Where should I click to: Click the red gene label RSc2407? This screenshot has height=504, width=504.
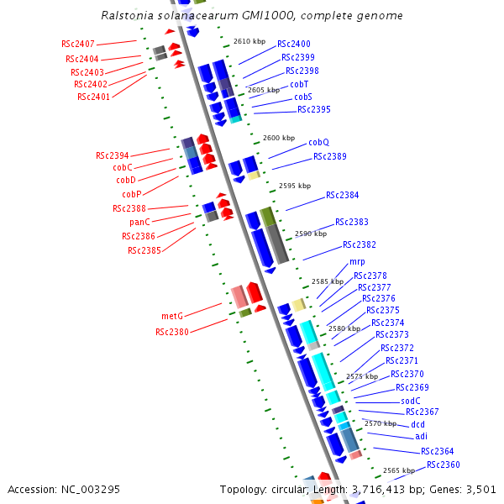point(78,44)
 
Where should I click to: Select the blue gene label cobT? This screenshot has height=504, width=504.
point(299,84)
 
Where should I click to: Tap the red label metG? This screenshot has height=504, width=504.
point(172,316)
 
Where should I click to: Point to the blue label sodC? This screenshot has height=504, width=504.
point(410,401)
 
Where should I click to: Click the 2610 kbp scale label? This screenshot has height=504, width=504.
point(249,40)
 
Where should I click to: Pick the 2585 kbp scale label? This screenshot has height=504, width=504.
point(327,281)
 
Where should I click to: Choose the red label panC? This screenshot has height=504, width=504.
point(140,222)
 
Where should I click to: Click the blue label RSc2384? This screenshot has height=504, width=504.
point(342,195)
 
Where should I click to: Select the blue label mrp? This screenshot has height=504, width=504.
point(357,262)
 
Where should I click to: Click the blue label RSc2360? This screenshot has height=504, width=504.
point(443,465)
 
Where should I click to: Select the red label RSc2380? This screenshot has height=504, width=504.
point(171,332)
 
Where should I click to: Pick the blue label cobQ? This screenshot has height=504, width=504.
point(318,142)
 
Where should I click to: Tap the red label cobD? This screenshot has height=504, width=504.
point(126,180)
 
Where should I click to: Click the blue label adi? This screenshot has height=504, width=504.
point(421,436)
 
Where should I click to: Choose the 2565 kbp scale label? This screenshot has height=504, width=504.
point(398,470)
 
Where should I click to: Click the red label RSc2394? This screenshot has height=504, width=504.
point(113,155)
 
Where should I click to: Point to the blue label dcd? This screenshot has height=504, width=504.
point(417,424)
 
